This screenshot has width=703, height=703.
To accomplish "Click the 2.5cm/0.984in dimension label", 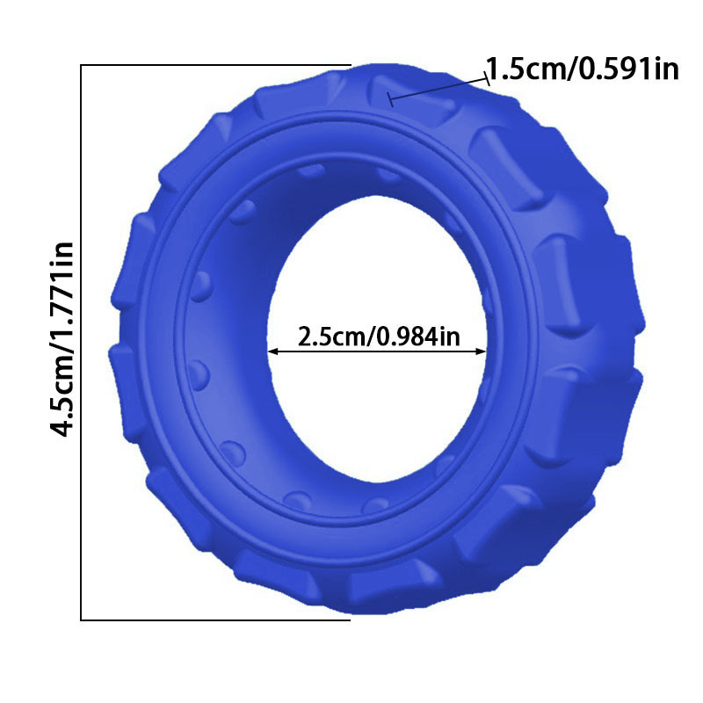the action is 379,337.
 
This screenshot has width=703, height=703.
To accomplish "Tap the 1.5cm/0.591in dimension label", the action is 583,69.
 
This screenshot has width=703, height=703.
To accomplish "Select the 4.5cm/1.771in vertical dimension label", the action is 62,339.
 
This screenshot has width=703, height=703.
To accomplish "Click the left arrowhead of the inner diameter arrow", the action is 273,352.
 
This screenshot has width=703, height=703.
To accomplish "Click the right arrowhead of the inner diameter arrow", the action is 481,352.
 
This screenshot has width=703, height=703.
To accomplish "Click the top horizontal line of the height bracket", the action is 215,65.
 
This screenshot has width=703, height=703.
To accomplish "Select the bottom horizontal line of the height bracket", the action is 215,620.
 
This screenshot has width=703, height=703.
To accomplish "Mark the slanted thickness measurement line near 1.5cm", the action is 438,90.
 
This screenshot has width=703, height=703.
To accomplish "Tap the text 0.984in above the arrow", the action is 418,337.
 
